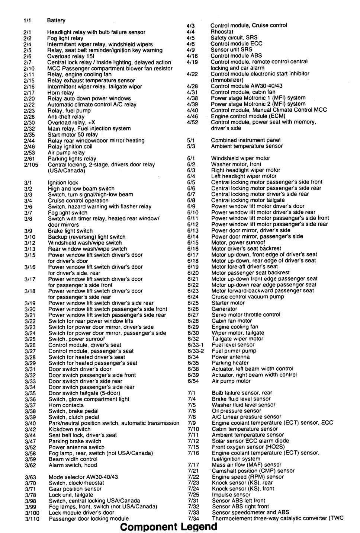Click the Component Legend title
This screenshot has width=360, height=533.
tap(168, 527)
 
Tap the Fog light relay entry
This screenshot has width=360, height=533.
tap(65, 38)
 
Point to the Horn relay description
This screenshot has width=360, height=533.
tap(61, 93)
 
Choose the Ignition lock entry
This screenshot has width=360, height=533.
tap(63, 183)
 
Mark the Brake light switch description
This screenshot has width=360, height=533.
tap(70, 231)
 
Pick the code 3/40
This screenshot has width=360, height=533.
tap(30, 423)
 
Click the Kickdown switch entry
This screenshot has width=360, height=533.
tap(70, 429)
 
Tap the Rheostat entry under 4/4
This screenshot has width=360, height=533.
tap(222, 32)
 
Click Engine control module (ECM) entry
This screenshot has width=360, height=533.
tap(248, 116)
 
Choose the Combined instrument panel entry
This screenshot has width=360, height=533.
tap(246, 140)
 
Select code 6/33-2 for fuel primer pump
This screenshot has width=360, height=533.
tap(196, 351)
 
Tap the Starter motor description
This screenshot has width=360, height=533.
tap(228, 303)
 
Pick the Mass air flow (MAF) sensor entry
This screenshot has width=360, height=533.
tap(247, 465)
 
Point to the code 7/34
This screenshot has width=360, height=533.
tap(194, 519)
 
